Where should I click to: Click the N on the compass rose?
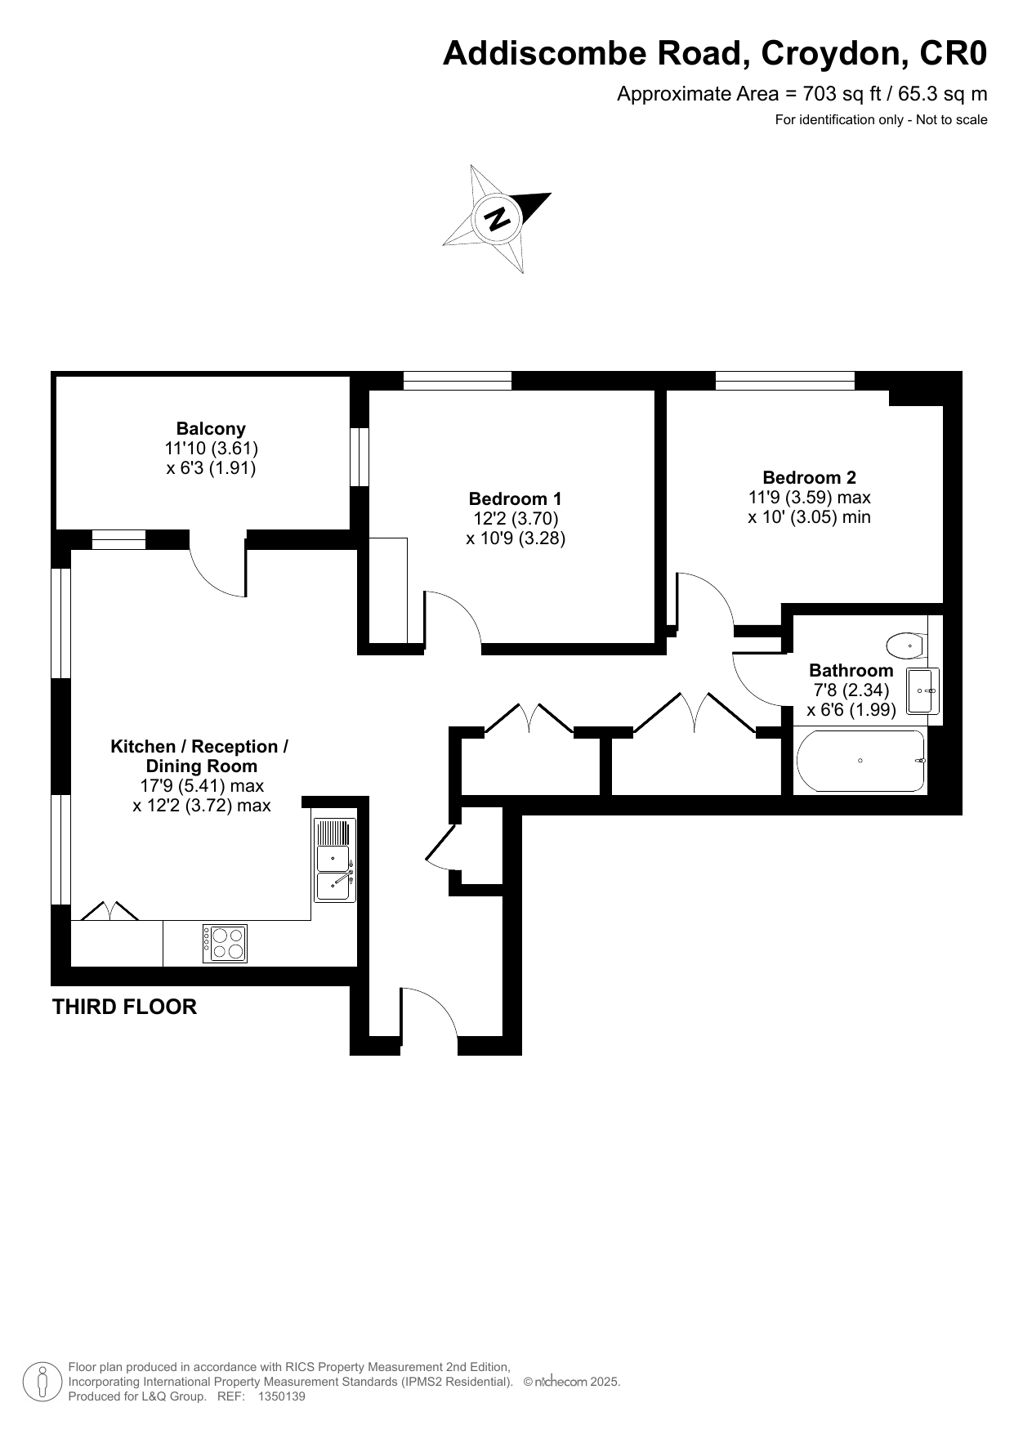click(x=498, y=218)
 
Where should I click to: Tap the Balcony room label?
click(x=211, y=428)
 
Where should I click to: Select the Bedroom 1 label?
click(x=516, y=498)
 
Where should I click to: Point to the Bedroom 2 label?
click(x=810, y=477)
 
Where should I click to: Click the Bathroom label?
click(x=851, y=670)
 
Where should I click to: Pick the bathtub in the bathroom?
click(x=861, y=762)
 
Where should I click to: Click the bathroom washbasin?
click(x=923, y=691)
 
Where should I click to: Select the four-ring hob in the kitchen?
click(x=225, y=943)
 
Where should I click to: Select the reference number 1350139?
click(x=281, y=1396)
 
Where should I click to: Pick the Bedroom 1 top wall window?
click(x=458, y=380)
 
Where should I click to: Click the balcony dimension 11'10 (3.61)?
click(x=211, y=449)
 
